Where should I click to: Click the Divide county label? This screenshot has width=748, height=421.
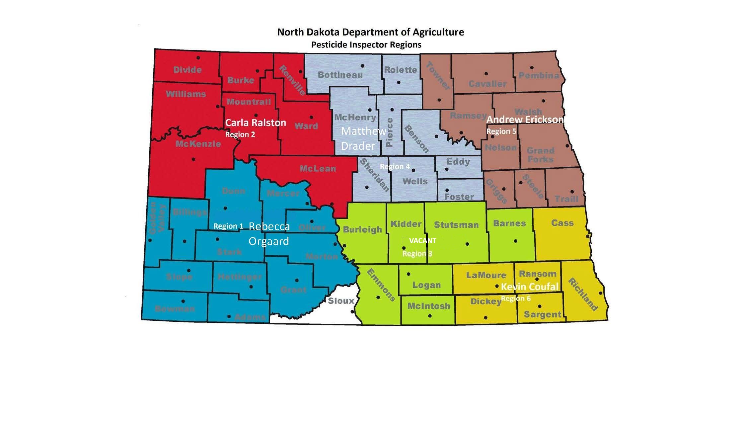tap(187, 70)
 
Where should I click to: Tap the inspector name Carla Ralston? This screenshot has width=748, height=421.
tap(256, 123)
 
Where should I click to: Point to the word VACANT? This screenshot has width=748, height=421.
tap(422, 240)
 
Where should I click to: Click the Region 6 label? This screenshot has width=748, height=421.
tap(516, 298)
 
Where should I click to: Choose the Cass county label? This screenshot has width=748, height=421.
tap(562, 223)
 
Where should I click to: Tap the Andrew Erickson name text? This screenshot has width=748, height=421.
tap(525, 120)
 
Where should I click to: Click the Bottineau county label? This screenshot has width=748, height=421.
tap(340, 75)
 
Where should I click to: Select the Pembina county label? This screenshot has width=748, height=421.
tap(539, 75)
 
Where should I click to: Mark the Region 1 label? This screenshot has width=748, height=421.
tap(228, 226)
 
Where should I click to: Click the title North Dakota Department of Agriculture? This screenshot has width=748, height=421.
tap(370, 32)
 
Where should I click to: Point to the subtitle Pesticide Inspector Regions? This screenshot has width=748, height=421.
tap(366, 45)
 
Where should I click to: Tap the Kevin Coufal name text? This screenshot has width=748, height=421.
tap(530, 287)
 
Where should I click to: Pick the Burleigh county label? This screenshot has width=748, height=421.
tap(362, 229)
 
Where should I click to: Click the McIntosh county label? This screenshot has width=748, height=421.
tap(429, 306)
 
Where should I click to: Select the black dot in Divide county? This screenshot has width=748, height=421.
tap(198, 58)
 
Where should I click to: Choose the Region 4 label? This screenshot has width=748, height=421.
tap(395, 166)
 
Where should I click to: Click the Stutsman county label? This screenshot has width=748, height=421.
tap(456, 225)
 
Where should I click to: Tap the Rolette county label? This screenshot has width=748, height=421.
tap(400, 70)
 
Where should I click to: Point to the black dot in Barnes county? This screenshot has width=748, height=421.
tap(515, 241)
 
